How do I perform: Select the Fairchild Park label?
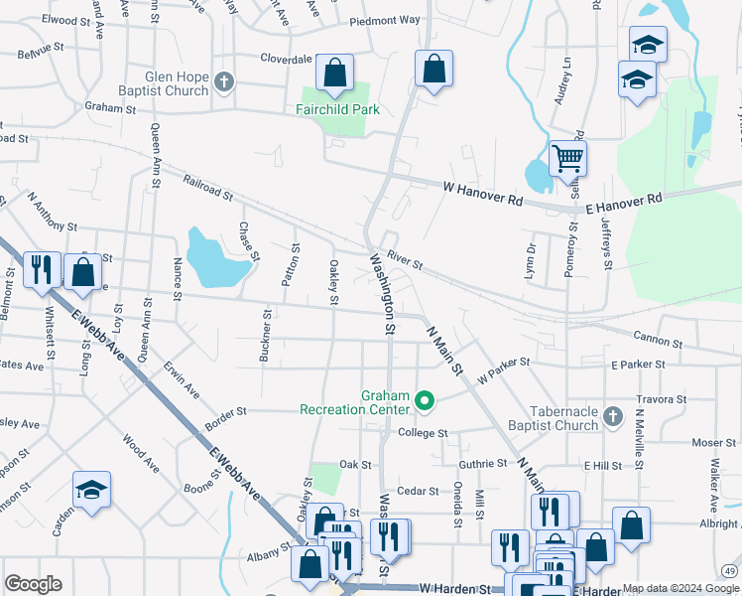pyautogui.click(x=338, y=110)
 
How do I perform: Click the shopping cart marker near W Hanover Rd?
pyautogui.click(x=566, y=158)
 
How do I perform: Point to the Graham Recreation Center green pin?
pyautogui.click(x=425, y=401)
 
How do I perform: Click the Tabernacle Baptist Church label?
pyautogui.click(x=549, y=417)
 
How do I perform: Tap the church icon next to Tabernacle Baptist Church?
pyautogui.click(x=613, y=417)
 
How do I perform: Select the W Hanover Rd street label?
pyautogui.click(x=482, y=194)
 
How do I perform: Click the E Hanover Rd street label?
pyautogui.click(x=623, y=201)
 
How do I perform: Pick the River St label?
pyautogui.click(x=405, y=260)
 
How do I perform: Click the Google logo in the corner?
pyautogui.click(x=33, y=584)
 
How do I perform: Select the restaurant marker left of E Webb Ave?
pyautogui.click(x=41, y=270)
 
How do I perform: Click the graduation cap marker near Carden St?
pyautogui.click(x=91, y=491)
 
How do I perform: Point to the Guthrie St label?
pyautogui.click(x=483, y=464)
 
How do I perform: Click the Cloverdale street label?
pyautogui.click(x=286, y=59)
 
